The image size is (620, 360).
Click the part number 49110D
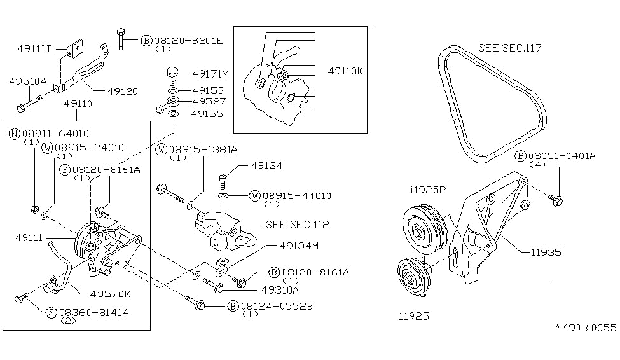coord(35,49)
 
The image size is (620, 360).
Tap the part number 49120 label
coord(123,92)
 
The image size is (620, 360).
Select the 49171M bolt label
coord(210,74)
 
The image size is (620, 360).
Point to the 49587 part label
coord(209,101)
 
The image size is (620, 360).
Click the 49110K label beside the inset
coord(345,71)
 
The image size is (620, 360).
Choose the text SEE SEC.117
coord(510,48)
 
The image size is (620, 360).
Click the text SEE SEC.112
coord(298,225)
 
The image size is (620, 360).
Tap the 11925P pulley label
coord(427,190)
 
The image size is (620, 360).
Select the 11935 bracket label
coord(546,252)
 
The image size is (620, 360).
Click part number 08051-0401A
coord(562,156)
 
